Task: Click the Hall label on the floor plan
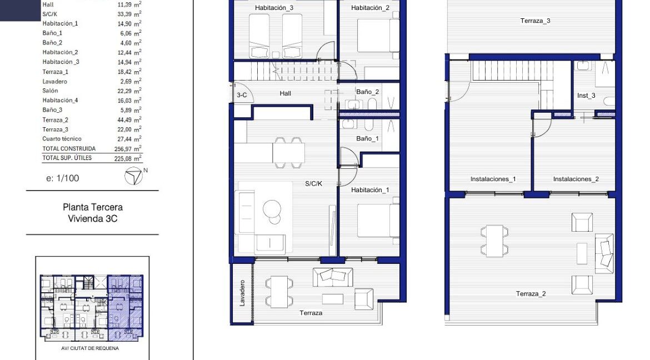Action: [286, 94]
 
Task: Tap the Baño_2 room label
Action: [367, 92]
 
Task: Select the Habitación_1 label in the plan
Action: [370, 190]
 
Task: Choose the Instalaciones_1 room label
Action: [493, 179]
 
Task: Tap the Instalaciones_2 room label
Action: [576, 179]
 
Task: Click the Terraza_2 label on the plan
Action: [531, 293]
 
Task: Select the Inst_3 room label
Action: [586, 96]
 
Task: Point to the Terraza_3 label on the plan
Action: [535, 21]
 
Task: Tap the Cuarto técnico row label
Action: [62, 139]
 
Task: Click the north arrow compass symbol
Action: [133, 177]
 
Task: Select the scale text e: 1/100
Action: [63, 178]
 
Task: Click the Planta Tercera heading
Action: [92, 207]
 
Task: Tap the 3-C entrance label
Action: [242, 95]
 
